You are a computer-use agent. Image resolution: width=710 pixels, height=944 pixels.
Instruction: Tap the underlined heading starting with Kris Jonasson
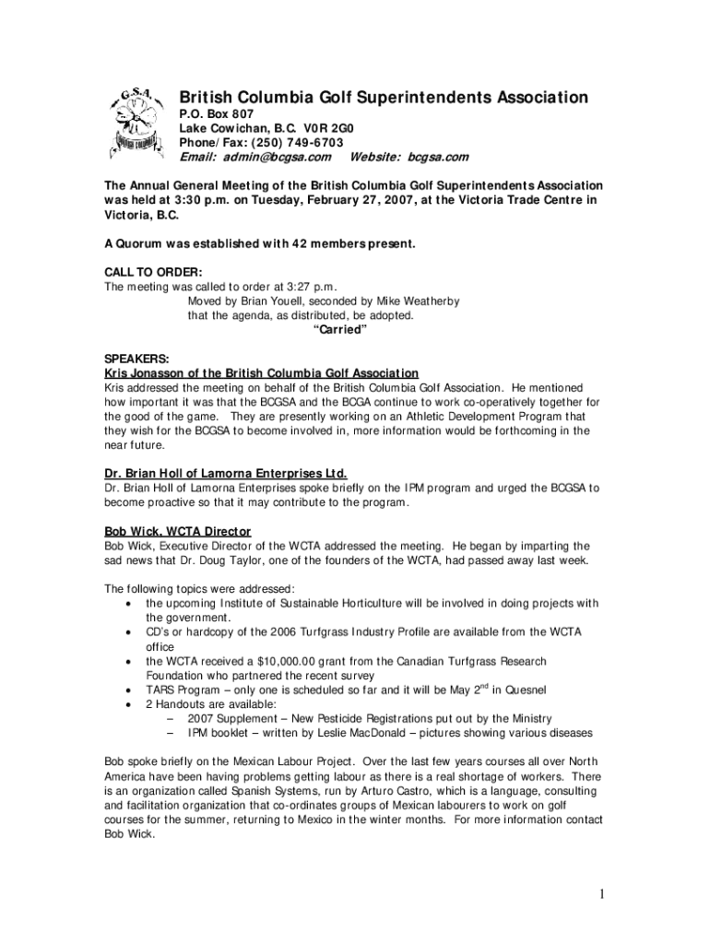[x=261, y=373]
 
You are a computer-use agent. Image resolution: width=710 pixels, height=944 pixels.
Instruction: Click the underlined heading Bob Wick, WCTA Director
[x=177, y=532]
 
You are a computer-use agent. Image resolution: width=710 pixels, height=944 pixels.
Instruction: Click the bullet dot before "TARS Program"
[x=126, y=690]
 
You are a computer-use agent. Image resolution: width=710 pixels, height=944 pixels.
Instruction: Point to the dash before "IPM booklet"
[x=171, y=733]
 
